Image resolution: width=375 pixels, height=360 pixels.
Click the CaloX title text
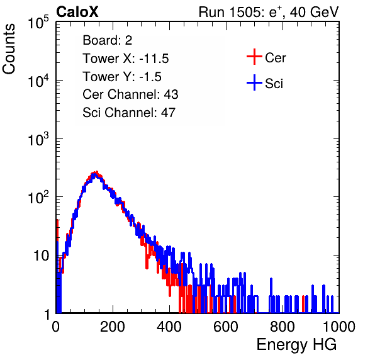coord(77,12)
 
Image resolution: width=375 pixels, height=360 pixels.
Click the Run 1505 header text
coord(269,12)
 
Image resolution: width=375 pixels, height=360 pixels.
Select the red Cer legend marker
coord(254,57)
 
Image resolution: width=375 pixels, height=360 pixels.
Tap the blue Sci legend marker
coord(254,83)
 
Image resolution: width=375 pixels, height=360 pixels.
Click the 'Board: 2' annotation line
coord(108,40)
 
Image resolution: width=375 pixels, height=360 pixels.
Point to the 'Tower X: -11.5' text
coord(126,59)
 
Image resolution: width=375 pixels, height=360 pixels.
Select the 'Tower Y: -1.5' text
coord(122,77)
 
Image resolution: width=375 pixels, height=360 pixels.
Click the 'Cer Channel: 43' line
coord(130,94)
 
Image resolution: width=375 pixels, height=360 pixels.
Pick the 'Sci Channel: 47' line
coord(129,113)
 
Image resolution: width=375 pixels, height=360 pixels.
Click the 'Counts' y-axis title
coord(9,49)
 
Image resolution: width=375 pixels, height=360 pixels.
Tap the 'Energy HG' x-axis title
coord(296,345)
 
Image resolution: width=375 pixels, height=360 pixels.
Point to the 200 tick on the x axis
coord(113,327)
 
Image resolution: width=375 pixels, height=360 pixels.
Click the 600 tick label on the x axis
coord(226,327)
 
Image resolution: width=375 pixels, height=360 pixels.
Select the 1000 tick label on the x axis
coord(339,327)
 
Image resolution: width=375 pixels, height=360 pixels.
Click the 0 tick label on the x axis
coord(56,327)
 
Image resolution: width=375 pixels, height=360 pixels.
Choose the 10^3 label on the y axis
coord(38,139)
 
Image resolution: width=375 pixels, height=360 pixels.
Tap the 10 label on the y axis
coord(42,256)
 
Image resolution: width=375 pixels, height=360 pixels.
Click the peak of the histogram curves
coord(96,173)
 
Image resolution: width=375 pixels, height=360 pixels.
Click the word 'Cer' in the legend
coord(275,58)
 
